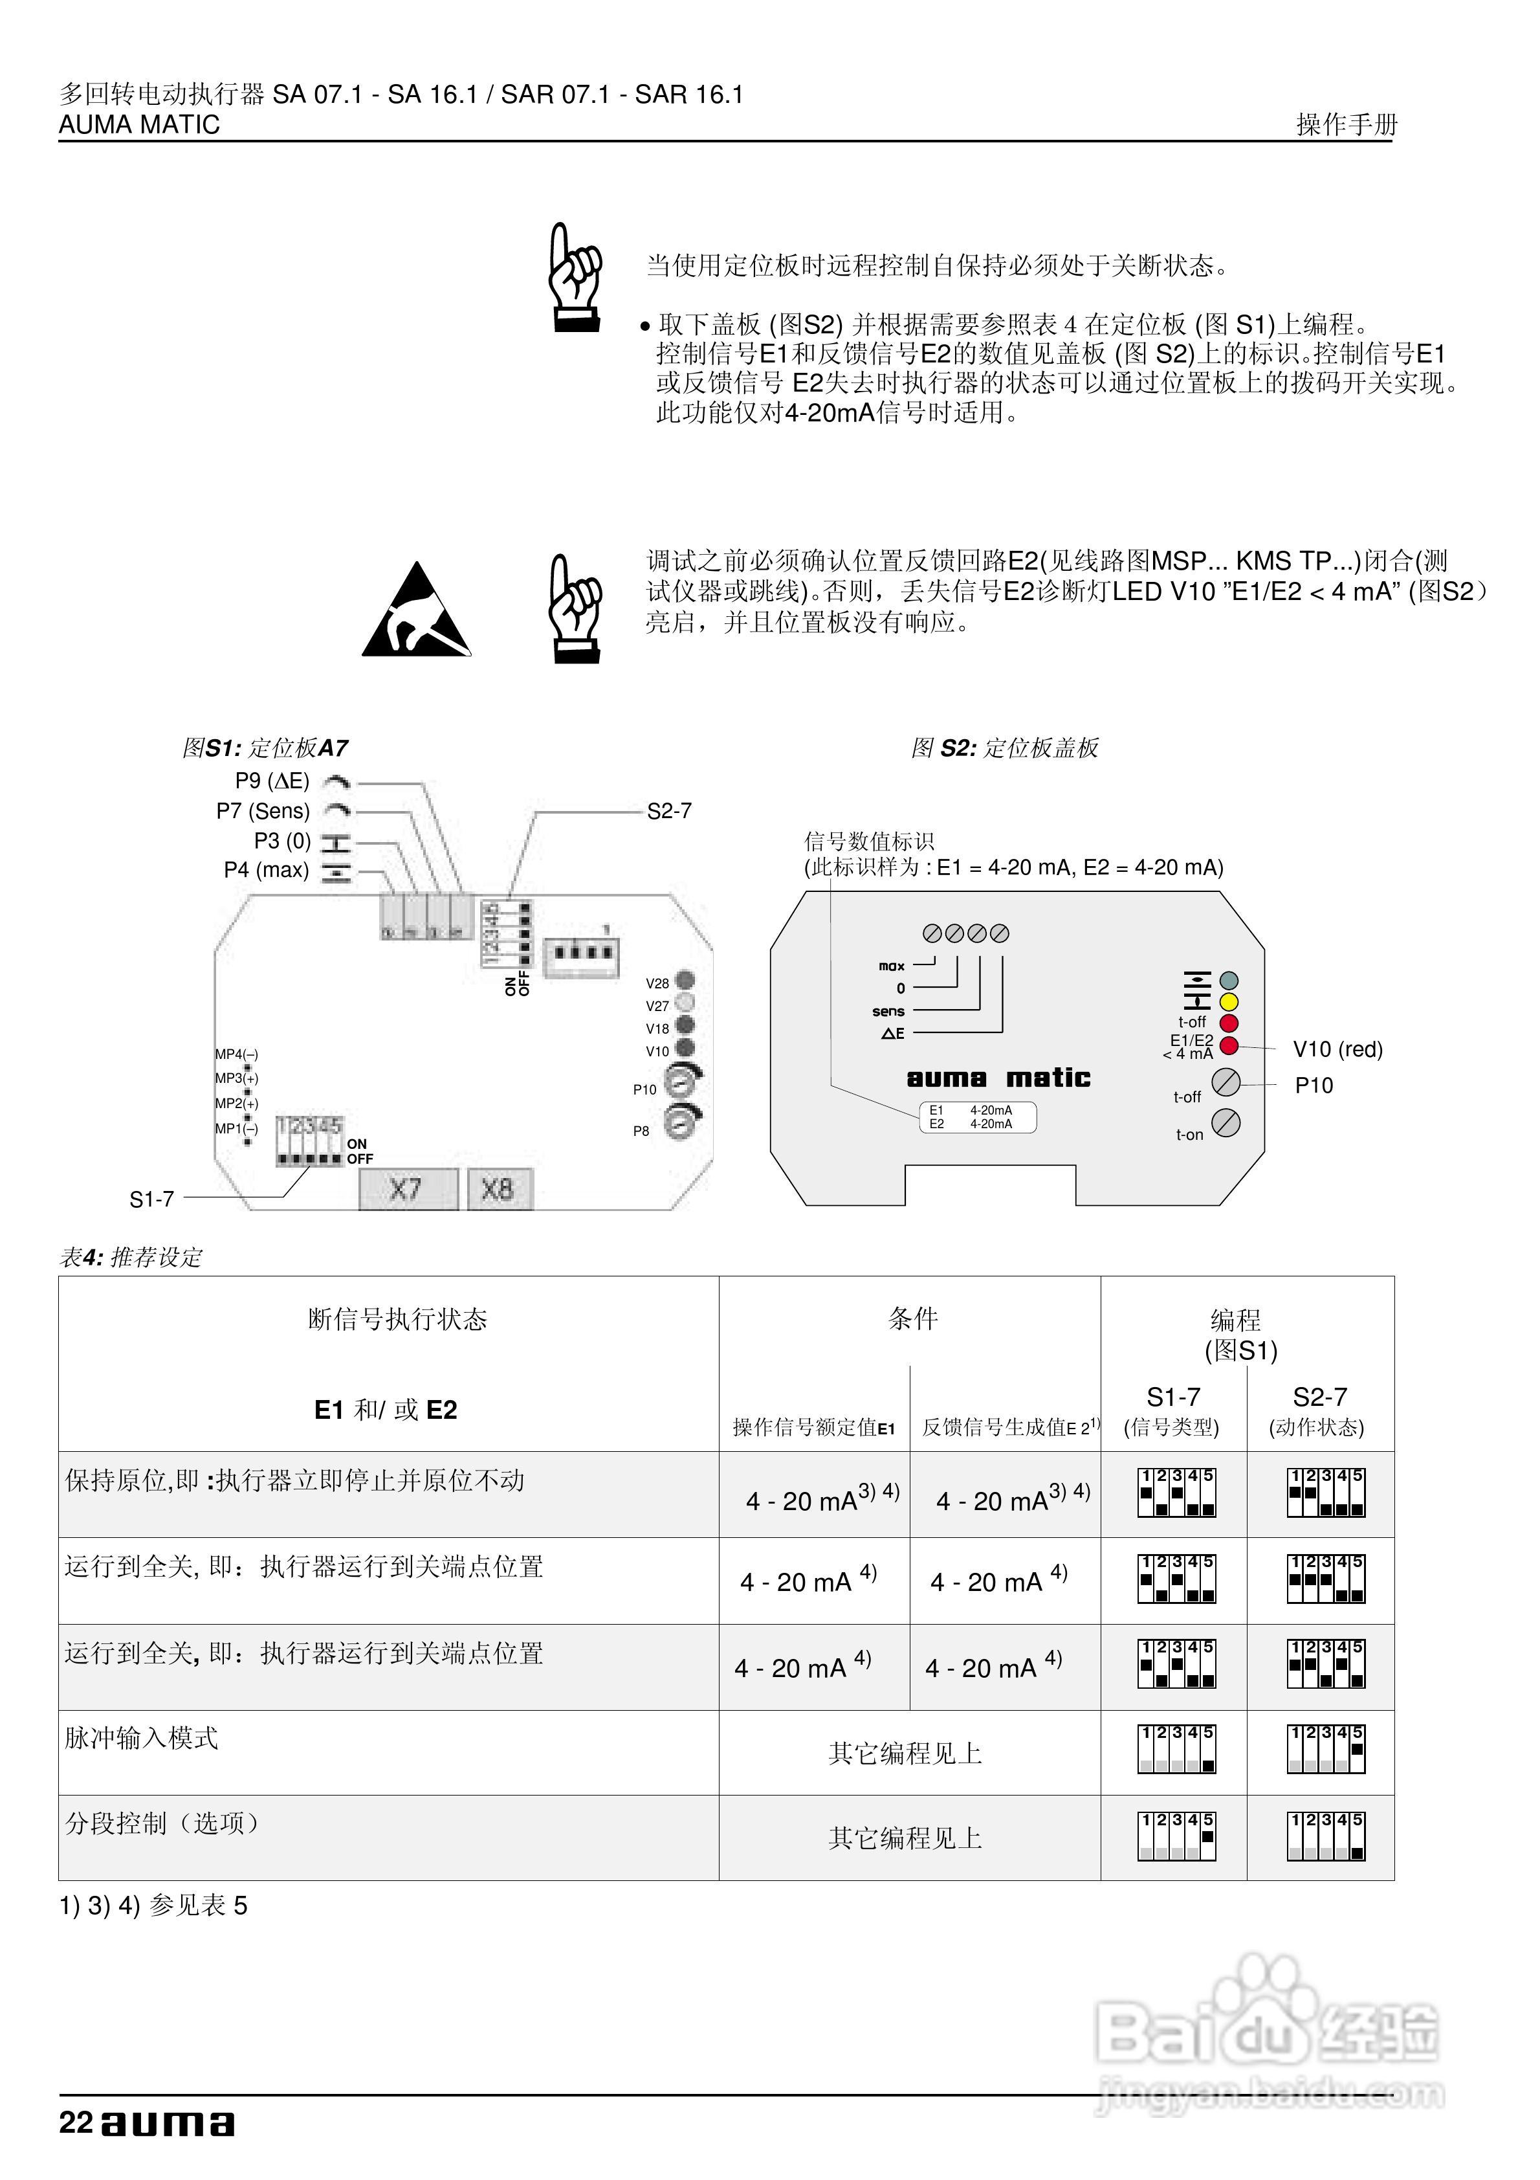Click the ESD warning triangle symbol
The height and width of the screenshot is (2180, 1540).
pos(416,612)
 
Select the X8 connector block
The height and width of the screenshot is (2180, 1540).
pos(498,1189)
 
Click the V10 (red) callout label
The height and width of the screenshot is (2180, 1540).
pos(1337,1049)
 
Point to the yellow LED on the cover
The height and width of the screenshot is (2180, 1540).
pos(1229,1002)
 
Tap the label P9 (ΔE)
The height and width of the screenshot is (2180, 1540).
pos(272,781)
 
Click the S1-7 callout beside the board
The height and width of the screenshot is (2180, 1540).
pos(152,1199)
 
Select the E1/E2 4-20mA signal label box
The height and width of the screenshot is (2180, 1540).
pos(977,1117)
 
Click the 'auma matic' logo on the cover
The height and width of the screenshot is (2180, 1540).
pos(998,1078)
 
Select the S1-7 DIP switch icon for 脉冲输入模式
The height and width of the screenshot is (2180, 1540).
pos(1176,1750)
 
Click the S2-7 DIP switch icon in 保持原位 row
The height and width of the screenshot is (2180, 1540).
pos(1325,1493)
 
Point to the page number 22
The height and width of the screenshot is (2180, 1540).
pos(75,2123)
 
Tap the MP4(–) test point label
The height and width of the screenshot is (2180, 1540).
pos(236,1054)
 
